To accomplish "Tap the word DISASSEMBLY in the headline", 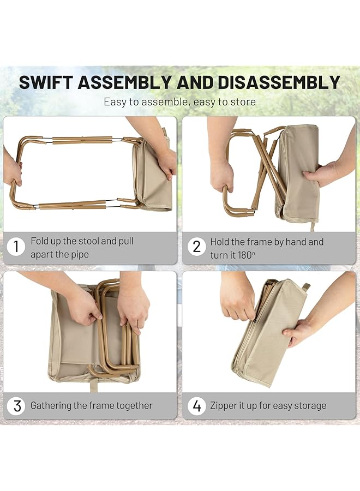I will click(279, 82).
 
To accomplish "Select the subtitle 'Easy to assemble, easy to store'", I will click(179, 101).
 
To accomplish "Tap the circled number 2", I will click(197, 247).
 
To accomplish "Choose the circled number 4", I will click(197, 406).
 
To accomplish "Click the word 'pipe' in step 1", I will click(77, 254).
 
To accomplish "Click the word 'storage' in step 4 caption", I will click(308, 406).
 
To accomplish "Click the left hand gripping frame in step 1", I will click(12, 169).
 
